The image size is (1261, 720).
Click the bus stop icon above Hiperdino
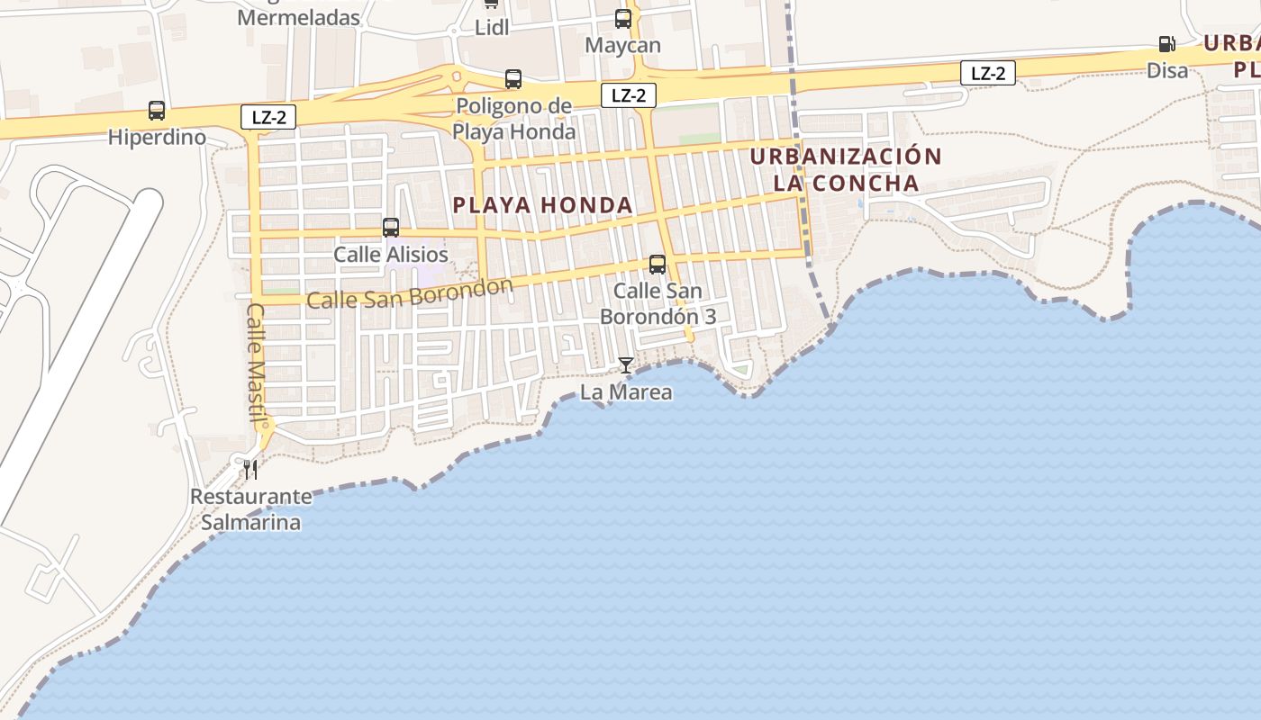157,111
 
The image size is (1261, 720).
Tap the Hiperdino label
157,138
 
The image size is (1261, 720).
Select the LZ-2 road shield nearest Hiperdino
268,116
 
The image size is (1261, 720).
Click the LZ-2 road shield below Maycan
629,95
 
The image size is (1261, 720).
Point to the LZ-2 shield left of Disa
988,74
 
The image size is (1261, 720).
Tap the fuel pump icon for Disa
1166,44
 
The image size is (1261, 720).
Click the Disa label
1167,70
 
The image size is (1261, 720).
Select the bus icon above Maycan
623,18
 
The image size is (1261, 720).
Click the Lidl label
492,28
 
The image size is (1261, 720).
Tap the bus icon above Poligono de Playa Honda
513,79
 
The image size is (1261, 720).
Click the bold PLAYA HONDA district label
543,205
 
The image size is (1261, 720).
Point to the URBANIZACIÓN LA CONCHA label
846,169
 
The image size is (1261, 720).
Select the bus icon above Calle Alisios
391,228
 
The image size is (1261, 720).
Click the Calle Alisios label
391,255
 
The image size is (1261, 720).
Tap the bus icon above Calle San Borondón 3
658,265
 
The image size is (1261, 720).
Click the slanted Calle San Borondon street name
410,293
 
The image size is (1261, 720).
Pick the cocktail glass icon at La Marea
626,364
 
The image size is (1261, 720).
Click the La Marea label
626,391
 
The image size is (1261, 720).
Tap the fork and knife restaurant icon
250,469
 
